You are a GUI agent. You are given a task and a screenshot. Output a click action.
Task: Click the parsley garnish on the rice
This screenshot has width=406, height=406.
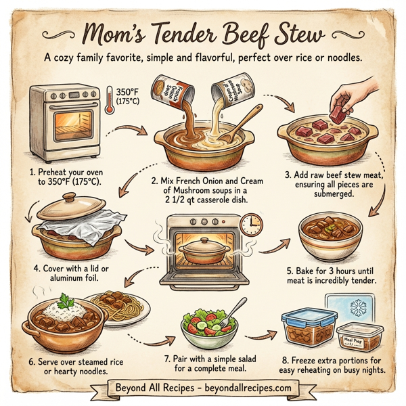click(62, 300)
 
